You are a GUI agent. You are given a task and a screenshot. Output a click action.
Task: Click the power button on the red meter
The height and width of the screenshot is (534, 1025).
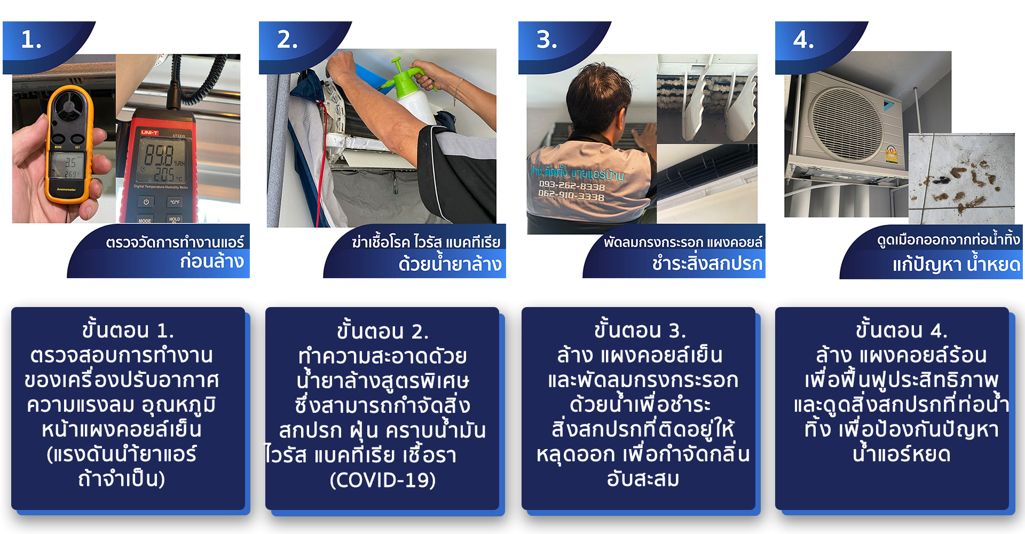[146, 202]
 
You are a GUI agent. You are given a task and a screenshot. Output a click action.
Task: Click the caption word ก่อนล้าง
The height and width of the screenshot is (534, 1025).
[212, 262]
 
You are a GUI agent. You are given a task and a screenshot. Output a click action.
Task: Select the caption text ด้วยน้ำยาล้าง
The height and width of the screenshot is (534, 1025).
[450, 263]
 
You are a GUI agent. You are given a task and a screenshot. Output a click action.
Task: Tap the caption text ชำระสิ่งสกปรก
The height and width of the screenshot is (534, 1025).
[707, 263]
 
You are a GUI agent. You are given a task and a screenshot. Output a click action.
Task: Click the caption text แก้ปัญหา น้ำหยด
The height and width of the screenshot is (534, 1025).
[956, 264]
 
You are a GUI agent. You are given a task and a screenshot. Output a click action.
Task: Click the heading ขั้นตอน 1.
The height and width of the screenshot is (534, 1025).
[128, 330]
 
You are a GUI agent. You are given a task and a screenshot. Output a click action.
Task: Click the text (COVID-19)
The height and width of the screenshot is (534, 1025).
[383, 480]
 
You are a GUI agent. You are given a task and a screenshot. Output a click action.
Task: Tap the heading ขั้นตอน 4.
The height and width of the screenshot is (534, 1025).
[901, 330]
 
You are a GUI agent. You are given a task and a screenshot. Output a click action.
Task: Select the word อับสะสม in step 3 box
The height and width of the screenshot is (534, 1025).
[643, 479]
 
